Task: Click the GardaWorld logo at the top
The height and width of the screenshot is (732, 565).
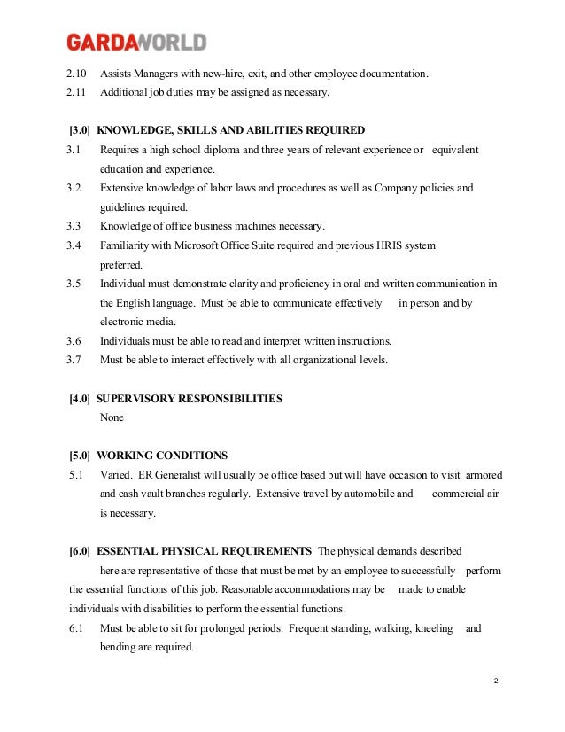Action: [136, 42]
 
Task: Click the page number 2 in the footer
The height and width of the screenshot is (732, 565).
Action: [496, 680]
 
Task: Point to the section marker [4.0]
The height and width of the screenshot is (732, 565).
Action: [81, 398]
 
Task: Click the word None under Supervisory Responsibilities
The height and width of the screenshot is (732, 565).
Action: [112, 417]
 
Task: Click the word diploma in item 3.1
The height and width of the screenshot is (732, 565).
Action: [221, 150]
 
